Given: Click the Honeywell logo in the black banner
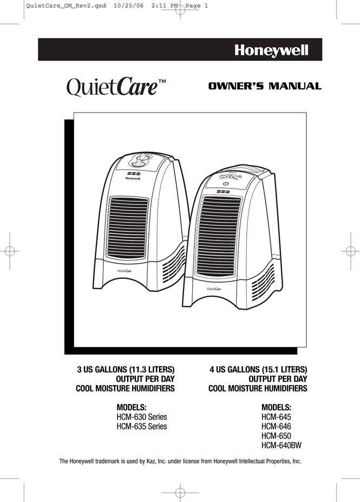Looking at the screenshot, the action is click(x=271, y=50).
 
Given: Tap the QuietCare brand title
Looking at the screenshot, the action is click(x=116, y=87).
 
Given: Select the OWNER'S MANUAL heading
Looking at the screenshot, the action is click(x=265, y=86).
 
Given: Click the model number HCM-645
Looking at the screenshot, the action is click(x=276, y=417).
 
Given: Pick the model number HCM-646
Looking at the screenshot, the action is click(x=276, y=426).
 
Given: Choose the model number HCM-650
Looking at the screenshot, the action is click(x=276, y=436).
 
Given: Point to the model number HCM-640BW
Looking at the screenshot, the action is click(x=282, y=445).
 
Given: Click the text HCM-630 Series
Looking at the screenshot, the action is click(x=142, y=417).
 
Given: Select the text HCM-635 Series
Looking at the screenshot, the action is click(x=142, y=426).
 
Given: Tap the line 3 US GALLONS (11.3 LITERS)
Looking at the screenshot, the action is click(x=126, y=369).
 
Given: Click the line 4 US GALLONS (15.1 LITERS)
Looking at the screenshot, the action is click(x=258, y=369).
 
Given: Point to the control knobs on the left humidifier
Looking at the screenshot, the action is click(x=140, y=160).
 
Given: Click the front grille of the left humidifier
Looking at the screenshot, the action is click(x=127, y=227).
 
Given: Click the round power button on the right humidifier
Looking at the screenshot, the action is click(x=225, y=184).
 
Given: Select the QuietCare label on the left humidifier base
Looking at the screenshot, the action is click(x=125, y=271).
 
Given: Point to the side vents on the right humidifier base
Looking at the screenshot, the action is click(x=263, y=282).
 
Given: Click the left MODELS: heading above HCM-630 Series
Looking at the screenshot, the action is click(x=132, y=408).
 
